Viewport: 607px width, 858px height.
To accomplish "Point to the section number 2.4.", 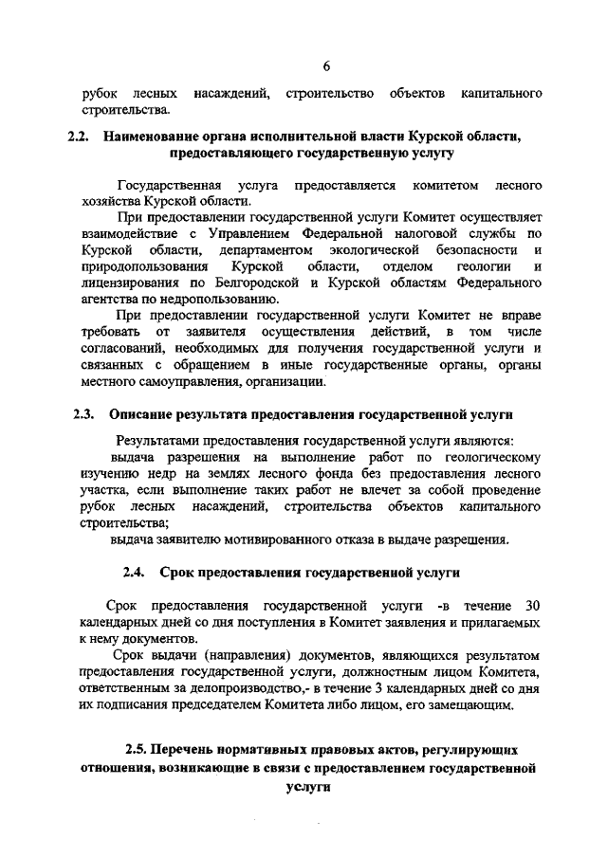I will [x=134, y=573].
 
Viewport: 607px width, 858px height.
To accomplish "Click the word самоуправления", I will [x=197, y=382].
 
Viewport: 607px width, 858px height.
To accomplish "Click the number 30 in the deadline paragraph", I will [x=531, y=605].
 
